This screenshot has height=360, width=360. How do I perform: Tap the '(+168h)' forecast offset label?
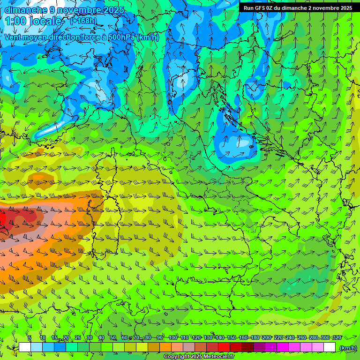click(83, 21)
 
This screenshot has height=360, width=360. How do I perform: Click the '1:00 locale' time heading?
click(34, 21)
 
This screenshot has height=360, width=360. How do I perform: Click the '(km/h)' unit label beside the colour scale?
click(348, 348)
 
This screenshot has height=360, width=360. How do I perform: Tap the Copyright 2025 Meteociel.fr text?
click(199, 357)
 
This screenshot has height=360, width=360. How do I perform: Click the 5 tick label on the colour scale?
click(30, 337)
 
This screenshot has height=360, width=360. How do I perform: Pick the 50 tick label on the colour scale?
click(113, 337)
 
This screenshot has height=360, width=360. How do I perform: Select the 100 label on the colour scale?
click(172, 337)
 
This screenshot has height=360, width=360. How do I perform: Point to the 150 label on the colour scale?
click(232, 337)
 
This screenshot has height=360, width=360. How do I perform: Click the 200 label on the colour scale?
click(267, 337)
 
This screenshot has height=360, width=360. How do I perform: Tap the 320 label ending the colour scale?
click(337, 337)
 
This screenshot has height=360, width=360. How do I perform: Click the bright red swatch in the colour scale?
click(224, 347)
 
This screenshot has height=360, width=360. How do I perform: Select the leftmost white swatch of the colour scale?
click(25, 347)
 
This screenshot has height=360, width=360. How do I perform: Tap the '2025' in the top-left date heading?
click(114, 10)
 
